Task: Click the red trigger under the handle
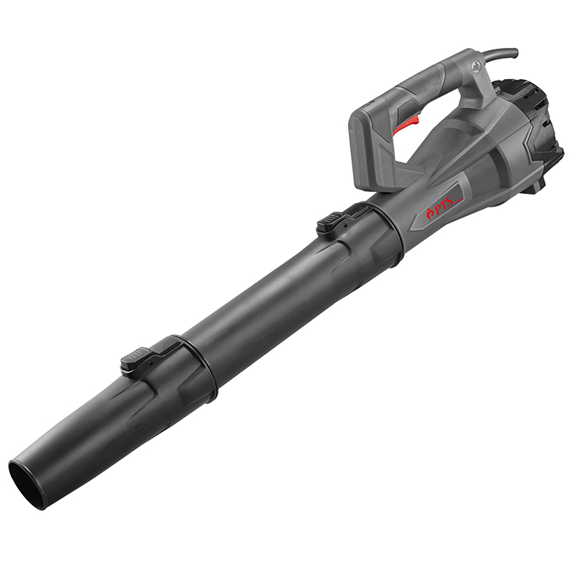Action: (x=407, y=125)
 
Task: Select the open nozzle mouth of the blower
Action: (x=28, y=486)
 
